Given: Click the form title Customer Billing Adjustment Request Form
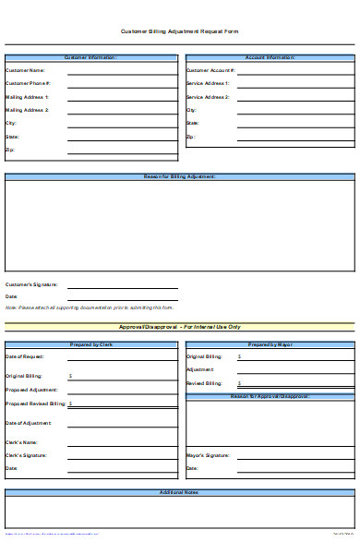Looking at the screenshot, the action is tap(180, 30).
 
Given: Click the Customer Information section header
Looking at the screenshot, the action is tap(90, 57).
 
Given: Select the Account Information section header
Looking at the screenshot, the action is tap(270, 57).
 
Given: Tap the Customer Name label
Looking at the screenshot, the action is tap(25, 70).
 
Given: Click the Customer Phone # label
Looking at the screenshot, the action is tap(28, 83).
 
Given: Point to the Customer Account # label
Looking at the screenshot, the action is tap(210, 70).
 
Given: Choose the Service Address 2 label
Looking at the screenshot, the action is tap(208, 96).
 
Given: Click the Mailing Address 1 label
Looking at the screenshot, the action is tap(28, 96).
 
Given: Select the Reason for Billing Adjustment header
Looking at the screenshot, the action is tap(180, 176).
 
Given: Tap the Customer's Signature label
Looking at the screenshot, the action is tap(31, 284).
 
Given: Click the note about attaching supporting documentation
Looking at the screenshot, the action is tap(89, 307).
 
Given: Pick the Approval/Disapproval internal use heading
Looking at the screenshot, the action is tap(180, 327).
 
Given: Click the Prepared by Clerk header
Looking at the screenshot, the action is tap(90, 344).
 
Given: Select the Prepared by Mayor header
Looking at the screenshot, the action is tap(270, 344).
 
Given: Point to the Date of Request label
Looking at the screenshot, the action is tap(25, 356).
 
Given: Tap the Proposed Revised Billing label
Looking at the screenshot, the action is tap(35, 403).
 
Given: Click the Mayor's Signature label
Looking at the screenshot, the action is tap(208, 455).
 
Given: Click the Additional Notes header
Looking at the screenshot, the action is tap(180, 493).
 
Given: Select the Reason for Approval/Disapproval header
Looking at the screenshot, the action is tap(270, 396).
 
